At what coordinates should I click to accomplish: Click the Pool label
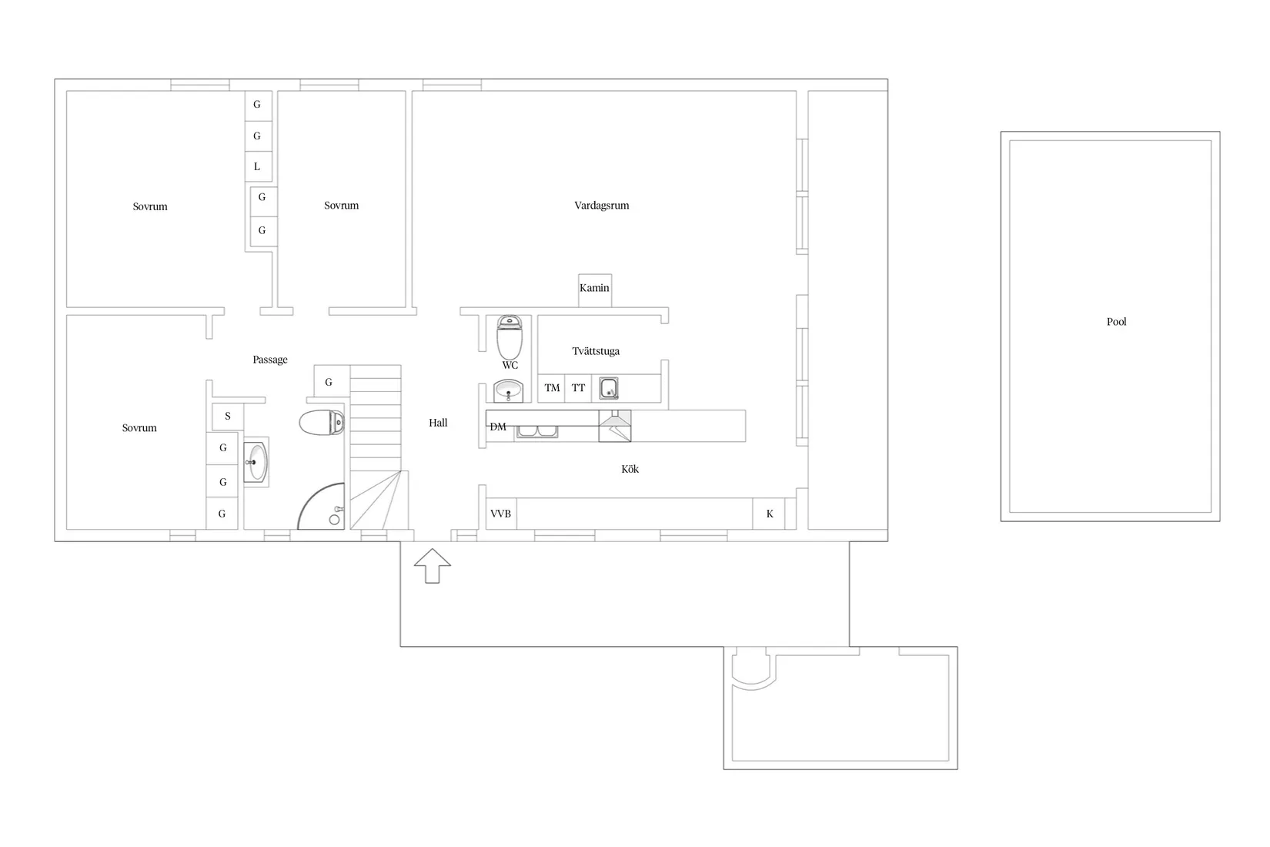[1116, 322]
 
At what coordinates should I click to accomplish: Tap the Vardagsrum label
[601, 206]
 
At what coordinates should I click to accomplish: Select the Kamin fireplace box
[595, 290]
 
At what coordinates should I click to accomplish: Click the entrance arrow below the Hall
[432, 565]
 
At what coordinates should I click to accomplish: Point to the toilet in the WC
[510, 336]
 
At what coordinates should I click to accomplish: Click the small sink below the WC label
[508, 391]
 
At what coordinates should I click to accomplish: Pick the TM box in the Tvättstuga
[552, 388]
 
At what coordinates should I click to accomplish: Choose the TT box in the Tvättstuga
[578, 388]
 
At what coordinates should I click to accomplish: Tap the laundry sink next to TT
[609, 388]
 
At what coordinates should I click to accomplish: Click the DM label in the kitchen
[498, 427]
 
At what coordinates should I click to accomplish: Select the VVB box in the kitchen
[501, 514]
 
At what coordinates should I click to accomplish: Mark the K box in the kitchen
[769, 514]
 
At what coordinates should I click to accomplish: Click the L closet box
[257, 166]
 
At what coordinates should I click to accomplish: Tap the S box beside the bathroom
[228, 417]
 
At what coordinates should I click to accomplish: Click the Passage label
[270, 360]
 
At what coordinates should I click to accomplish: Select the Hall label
[438, 423]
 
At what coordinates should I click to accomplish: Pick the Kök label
[630, 469]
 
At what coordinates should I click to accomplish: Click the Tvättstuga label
[596, 351]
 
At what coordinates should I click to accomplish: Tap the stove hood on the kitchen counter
[615, 426]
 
